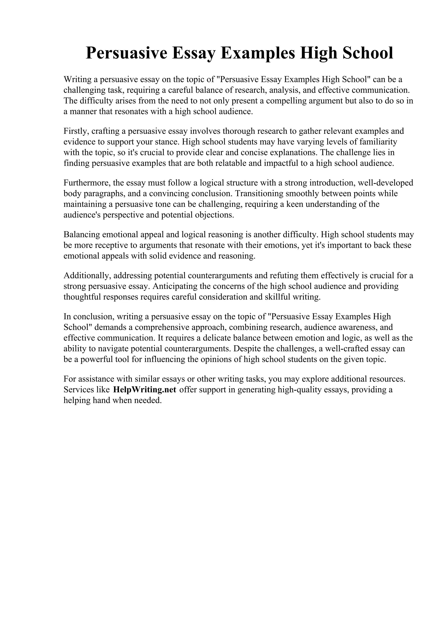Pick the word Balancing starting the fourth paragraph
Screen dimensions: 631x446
[x=82, y=235]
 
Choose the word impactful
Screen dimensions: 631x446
[x=282, y=163]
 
